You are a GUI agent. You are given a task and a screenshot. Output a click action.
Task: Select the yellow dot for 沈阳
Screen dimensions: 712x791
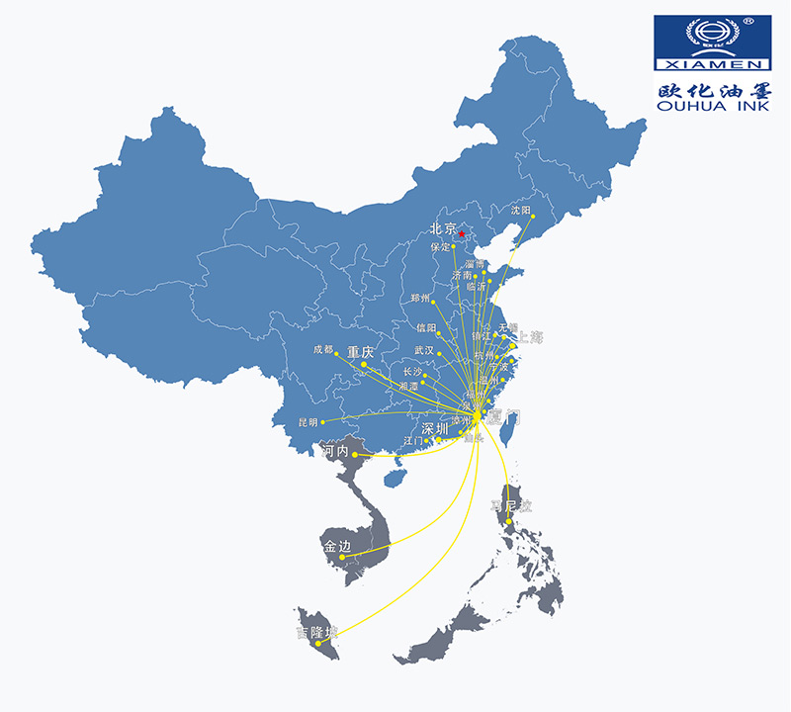(532, 219)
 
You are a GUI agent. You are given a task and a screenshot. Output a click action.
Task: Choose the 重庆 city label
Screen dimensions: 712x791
(361, 352)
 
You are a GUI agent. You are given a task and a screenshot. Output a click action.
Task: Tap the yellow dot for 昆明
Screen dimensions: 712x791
(323, 422)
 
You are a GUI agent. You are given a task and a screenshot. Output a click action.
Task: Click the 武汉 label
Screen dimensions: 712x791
(424, 350)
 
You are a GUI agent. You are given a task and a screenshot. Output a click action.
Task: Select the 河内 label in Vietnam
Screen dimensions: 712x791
(335, 451)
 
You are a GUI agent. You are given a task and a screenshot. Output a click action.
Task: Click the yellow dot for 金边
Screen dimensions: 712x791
(343, 557)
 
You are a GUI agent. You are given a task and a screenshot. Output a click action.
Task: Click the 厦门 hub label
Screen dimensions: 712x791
(503, 417)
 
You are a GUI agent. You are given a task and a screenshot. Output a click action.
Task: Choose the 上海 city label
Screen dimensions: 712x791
(531, 337)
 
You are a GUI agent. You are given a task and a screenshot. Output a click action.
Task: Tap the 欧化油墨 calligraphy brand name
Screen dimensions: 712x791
(713, 88)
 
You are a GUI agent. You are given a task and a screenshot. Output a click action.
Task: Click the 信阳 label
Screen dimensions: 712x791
(426, 327)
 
